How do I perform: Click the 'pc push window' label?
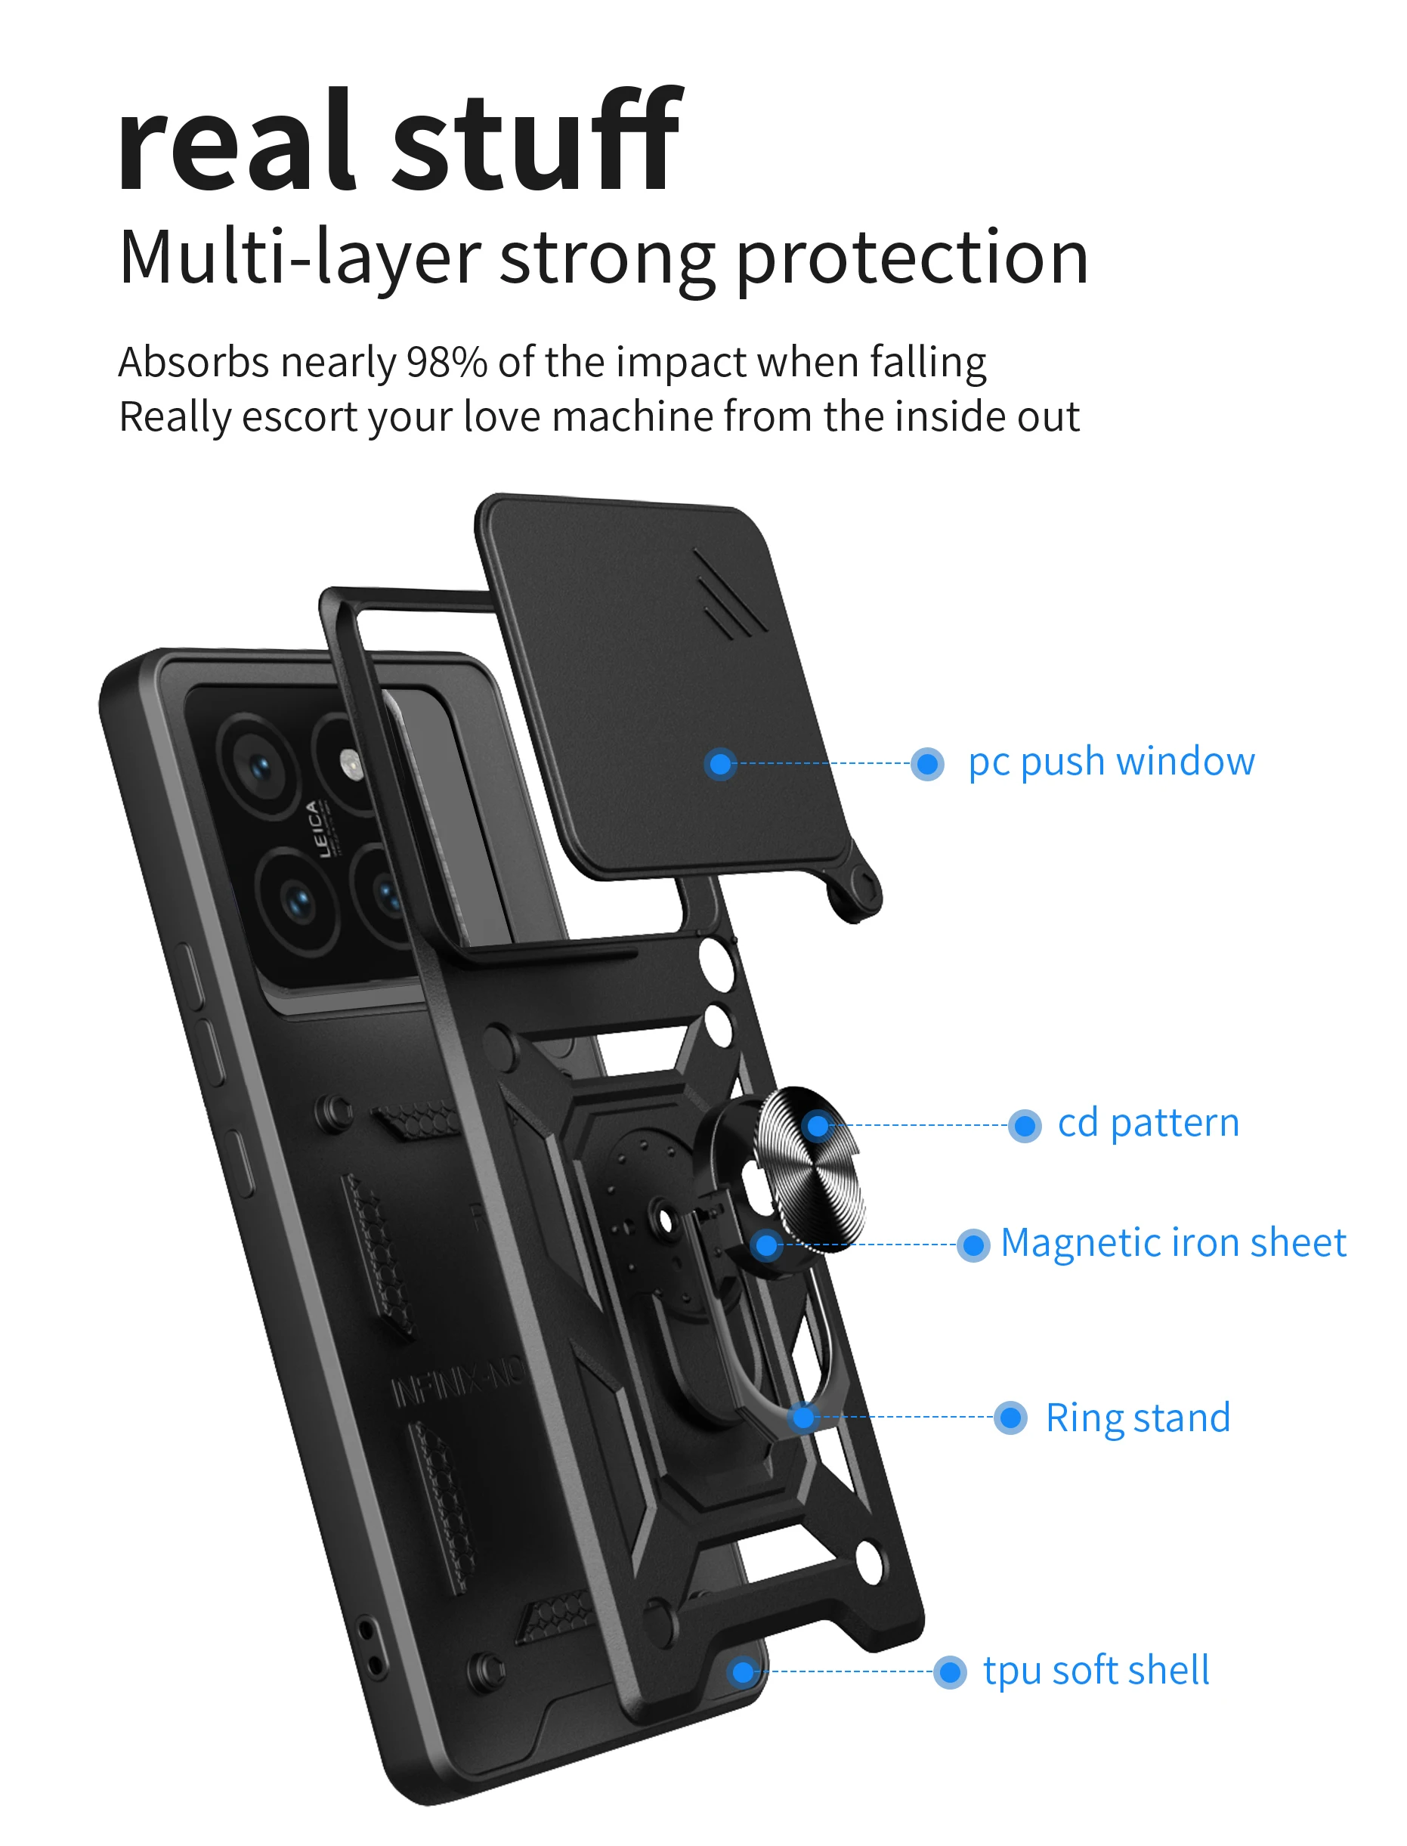click(x=1112, y=762)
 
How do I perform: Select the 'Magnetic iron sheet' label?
click(x=1174, y=1244)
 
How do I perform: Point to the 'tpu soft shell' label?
click(x=1096, y=1671)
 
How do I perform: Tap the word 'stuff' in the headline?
click(x=537, y=142)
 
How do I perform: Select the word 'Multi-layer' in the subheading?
click(x=299, y=257)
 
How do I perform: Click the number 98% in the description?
click(x=447, y=363)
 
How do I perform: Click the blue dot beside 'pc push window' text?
click(x=927, y=764)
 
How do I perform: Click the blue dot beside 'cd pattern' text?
click(x=1024, y=1127)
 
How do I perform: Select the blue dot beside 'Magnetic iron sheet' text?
click(x=973, y=1245)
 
